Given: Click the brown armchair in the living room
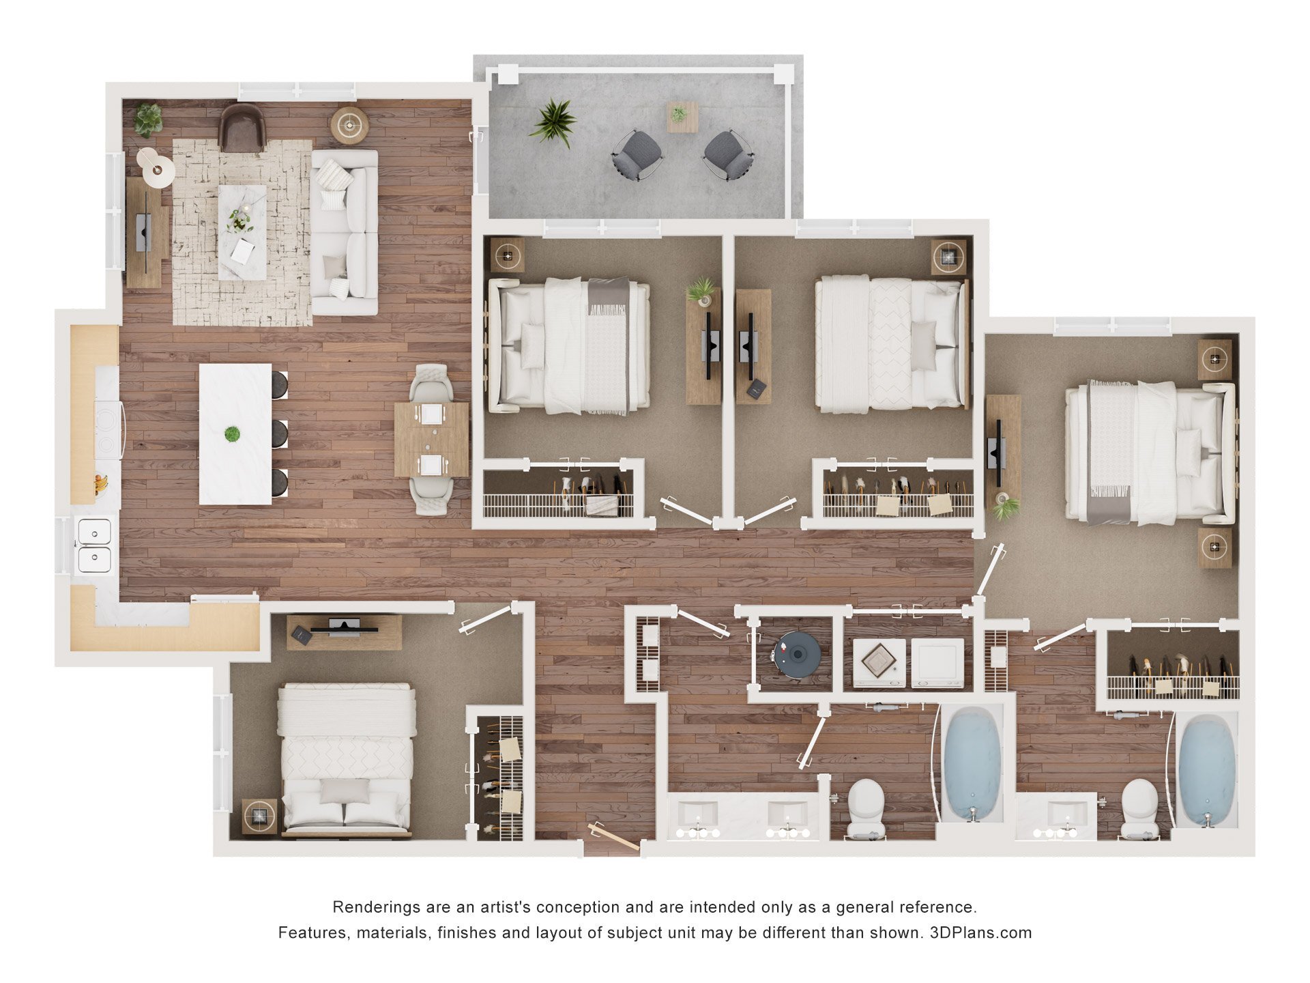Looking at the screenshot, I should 242,128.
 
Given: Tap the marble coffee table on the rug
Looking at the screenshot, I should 242,231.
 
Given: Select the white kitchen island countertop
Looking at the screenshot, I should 235,434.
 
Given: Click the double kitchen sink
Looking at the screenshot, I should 93,545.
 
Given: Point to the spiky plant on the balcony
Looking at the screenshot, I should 553,122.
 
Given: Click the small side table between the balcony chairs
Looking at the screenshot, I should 682,117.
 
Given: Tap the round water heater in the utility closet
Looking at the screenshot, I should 797,654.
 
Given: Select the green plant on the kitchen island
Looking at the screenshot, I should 233,433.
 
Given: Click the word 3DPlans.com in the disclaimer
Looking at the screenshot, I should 980,932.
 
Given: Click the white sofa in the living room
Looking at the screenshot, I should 345,232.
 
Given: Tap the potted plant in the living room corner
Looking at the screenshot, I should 148,119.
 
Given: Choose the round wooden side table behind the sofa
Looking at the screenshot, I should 350,125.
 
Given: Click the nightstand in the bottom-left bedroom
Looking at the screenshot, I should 260,816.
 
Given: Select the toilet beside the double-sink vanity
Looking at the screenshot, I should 864,808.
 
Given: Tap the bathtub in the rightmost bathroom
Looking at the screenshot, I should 1206,769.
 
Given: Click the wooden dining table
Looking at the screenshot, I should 431,439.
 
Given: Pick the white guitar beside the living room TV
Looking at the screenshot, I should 156,167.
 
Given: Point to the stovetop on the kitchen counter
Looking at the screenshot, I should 108,429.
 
